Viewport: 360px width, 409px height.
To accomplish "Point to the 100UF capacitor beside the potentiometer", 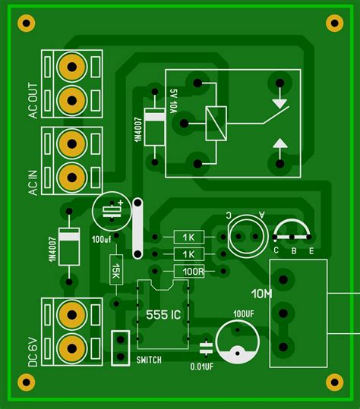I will (237, 341).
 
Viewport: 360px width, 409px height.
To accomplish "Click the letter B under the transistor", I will (293, 251).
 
